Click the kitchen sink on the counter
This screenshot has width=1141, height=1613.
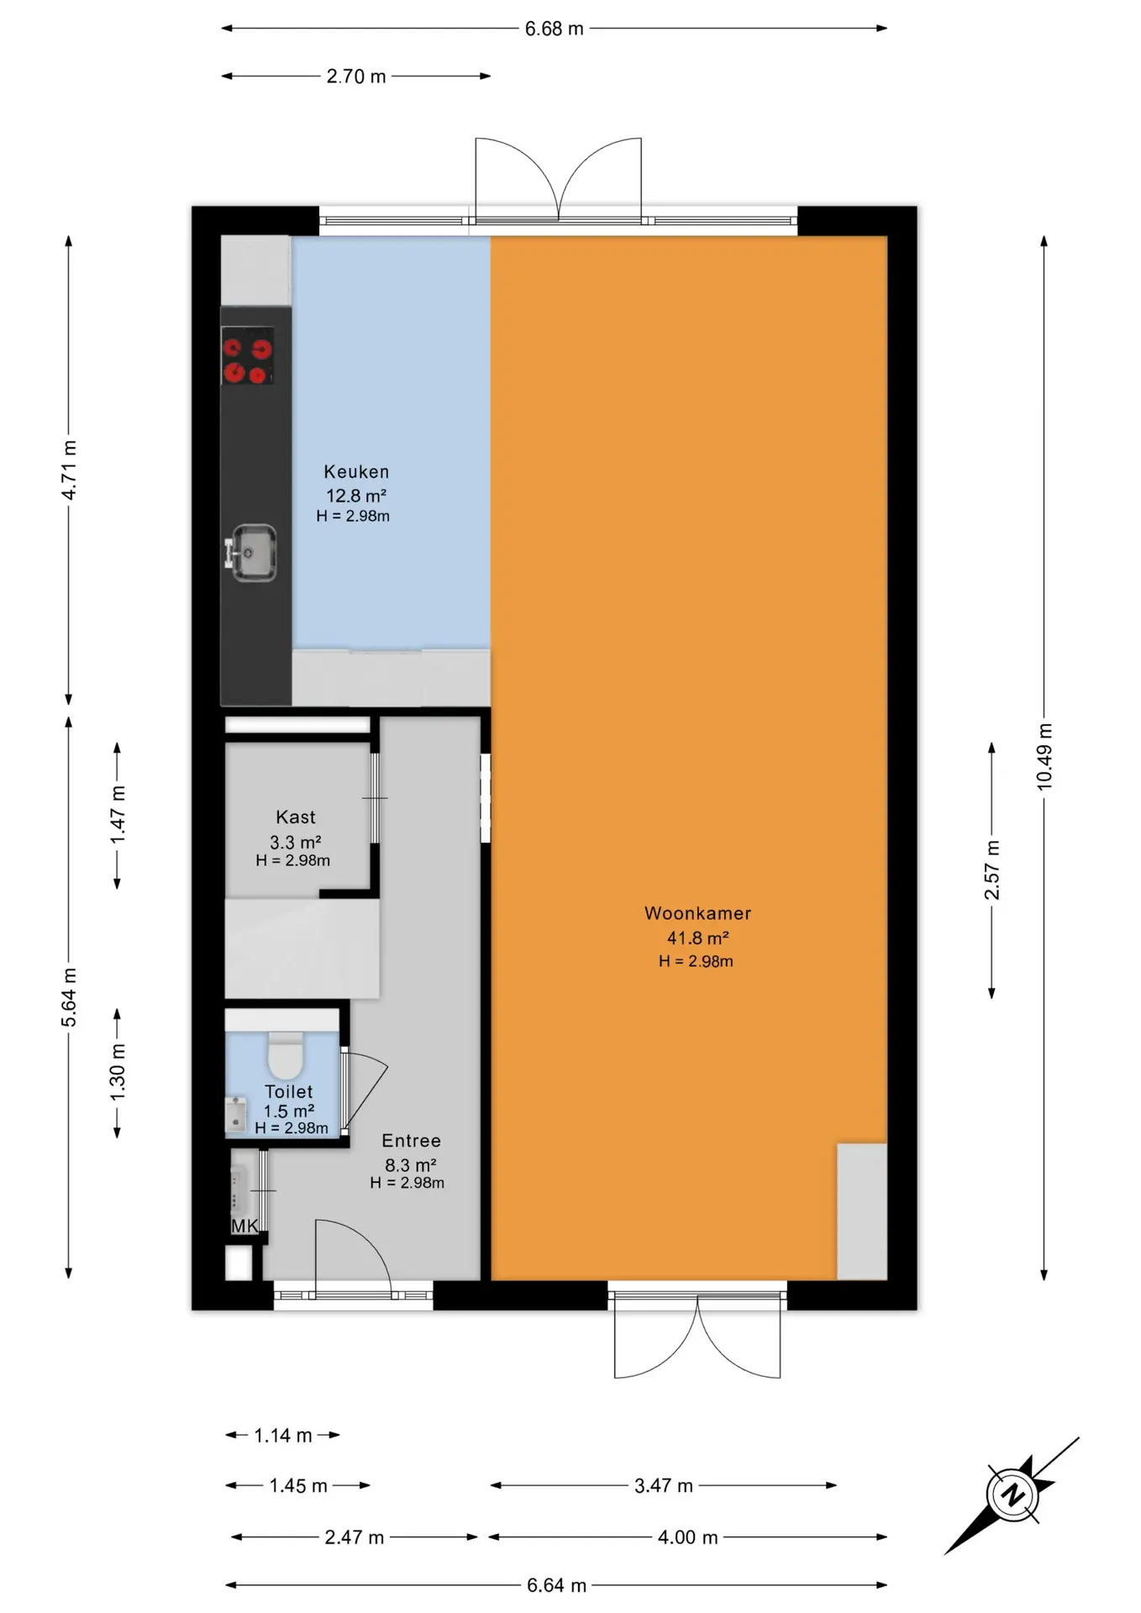[x=252, y=553]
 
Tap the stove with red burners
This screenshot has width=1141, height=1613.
[x=248, y=355]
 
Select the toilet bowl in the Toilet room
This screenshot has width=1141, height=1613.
[x=286, y=1056]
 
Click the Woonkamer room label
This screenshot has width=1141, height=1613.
[x=697, y=913]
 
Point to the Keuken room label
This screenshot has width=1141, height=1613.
[x=356, y=472]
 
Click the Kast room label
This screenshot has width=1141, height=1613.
[x=296, y=817]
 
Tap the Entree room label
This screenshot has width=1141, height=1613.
[x=411, y=1141]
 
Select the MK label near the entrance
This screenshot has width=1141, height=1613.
[x=244, y=1227]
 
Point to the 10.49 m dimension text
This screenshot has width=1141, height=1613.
[x=1044, y=756]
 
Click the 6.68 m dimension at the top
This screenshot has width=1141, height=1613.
[x=555, y=29]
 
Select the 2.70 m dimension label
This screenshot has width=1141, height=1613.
[x=356, y=76]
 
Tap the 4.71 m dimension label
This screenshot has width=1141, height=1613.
[x=69, y=470]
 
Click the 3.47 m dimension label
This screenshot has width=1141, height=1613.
[x=664, y=1485]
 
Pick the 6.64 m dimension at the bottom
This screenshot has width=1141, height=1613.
[x=556, y=1584]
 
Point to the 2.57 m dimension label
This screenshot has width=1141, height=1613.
[x=992, y=870]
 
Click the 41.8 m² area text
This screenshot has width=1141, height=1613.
[x=697, y=938]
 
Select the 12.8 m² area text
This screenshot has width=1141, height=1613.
[x=356, y=496]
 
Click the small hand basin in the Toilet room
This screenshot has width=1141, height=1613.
[x=235, y=1113]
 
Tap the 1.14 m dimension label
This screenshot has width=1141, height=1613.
[x=283, y=1435]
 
